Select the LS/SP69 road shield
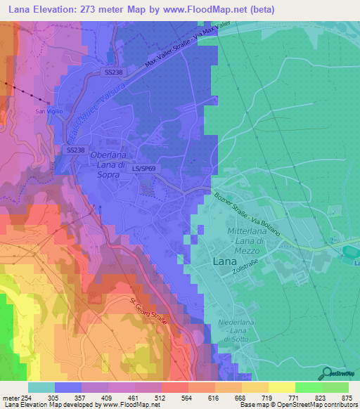coord(145,169)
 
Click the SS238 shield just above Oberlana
coord(75,150)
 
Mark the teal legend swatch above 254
coord(41,387)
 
